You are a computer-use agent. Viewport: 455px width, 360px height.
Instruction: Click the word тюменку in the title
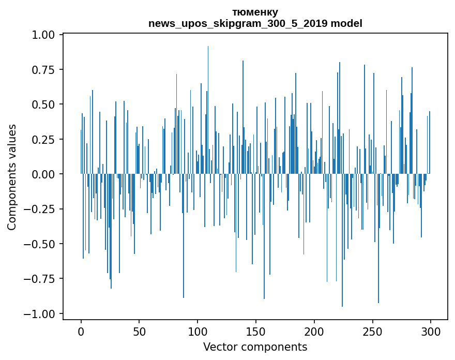pos(255,12)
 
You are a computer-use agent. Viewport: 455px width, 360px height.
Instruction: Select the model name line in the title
pos(255,23)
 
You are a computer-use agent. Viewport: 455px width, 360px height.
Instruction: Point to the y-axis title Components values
pos(12,177)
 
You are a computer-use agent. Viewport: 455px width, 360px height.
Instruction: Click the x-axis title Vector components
pos(255,347)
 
